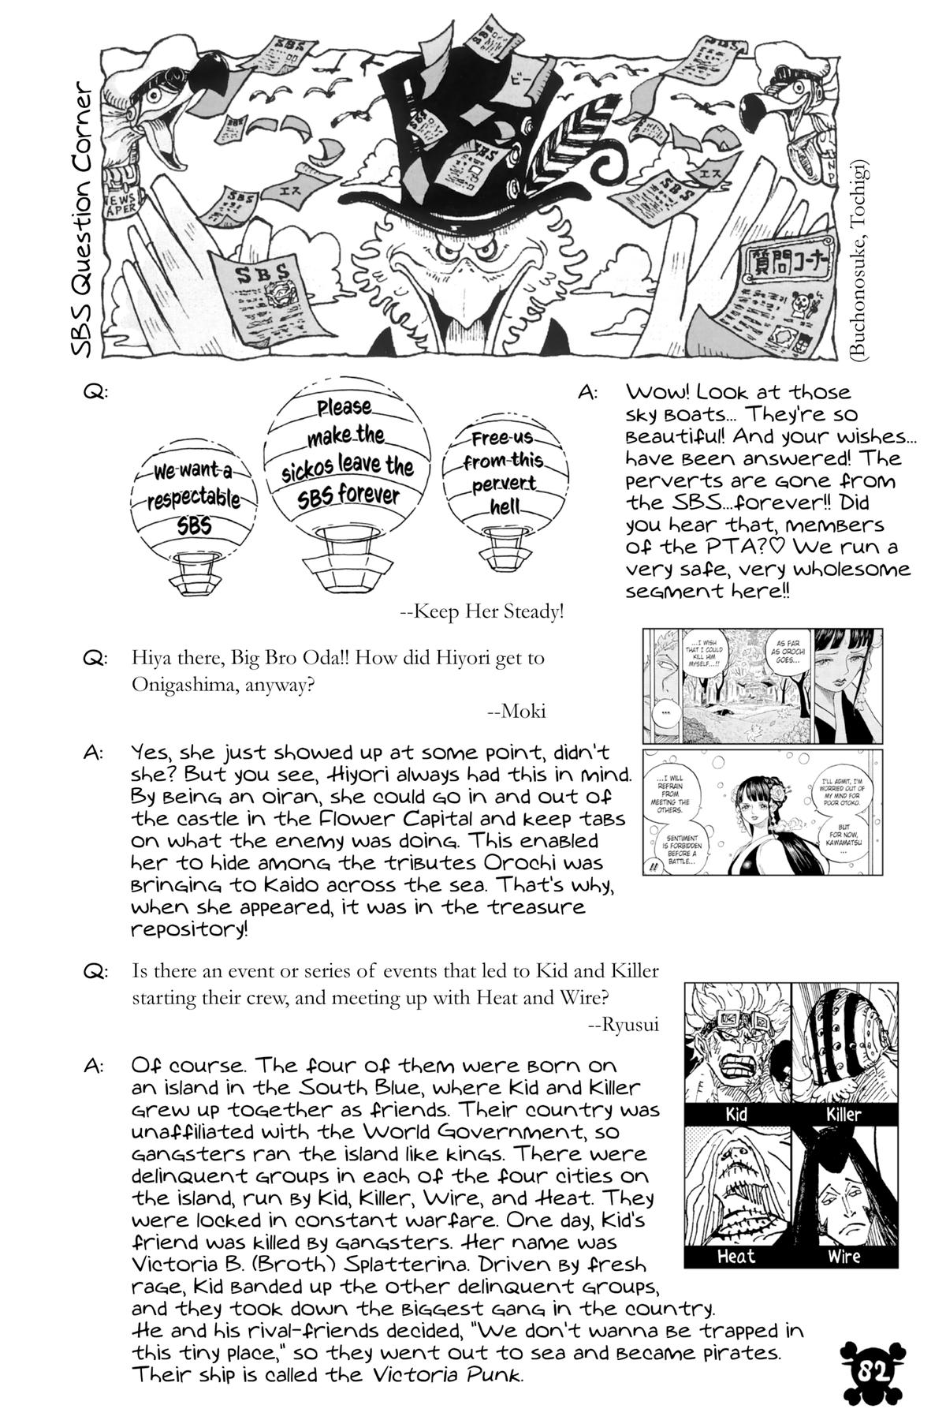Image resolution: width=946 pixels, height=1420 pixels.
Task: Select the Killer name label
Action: point(843,1115)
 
